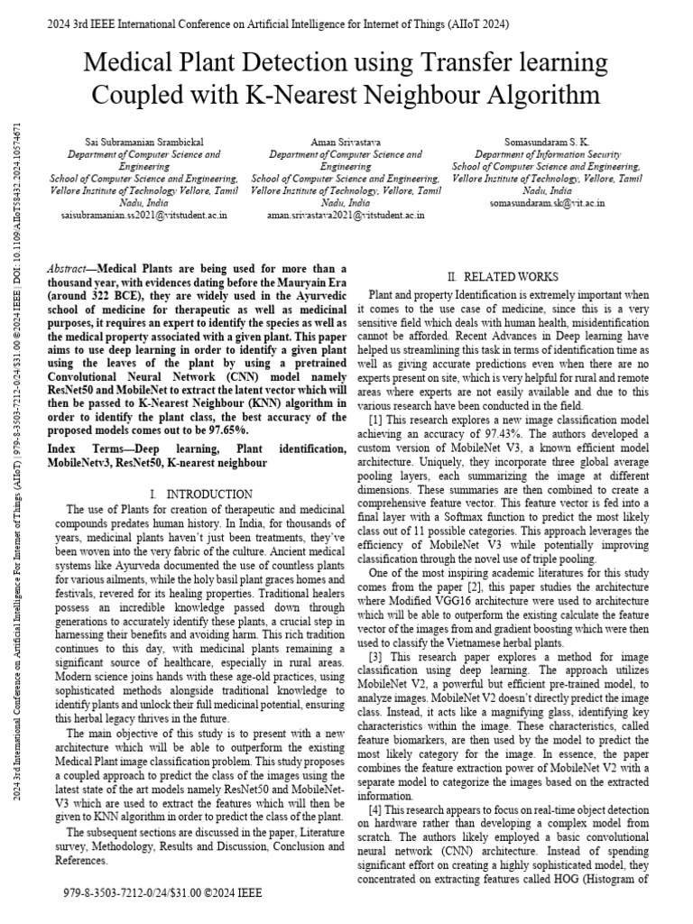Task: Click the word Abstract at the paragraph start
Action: [67, 270]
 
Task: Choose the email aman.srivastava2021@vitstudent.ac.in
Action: [346, 217]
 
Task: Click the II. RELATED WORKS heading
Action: [504, 276]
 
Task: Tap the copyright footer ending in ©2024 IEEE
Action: [162, 892]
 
